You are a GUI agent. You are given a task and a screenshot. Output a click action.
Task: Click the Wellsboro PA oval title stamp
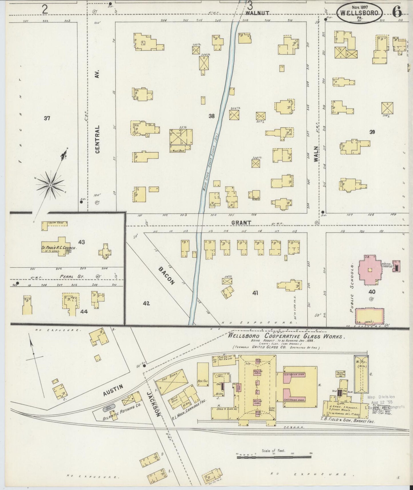coord(360,13)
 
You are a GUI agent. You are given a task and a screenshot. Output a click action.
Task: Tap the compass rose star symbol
coord(50,185)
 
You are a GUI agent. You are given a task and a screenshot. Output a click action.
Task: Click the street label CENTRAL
coord(97,139)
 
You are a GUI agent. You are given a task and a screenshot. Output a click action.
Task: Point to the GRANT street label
coord(237,222)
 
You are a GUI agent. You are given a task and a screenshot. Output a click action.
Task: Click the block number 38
coord(212,116)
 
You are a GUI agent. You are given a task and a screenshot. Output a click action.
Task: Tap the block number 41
coord(255,293)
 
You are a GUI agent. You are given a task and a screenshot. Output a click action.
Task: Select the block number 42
coord(146,304)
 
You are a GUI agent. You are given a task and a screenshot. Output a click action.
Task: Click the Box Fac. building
coord(203,375)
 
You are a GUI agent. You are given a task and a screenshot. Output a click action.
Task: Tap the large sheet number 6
coord(397,12)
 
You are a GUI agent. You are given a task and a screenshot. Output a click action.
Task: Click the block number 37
coord(47,118)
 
